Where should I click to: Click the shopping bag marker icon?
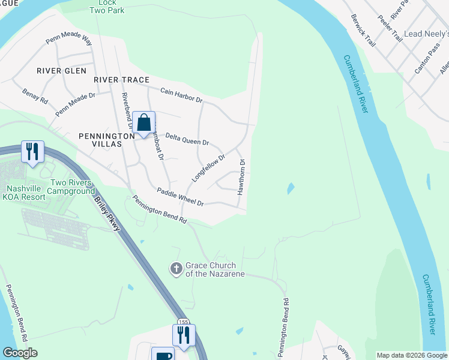point(144,123)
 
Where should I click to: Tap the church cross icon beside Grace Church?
point(176,268)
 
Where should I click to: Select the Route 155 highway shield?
point(184,322)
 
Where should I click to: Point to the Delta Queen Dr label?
point(187,139)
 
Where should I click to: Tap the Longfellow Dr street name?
point(208,169)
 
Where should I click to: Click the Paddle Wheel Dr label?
point(180,197)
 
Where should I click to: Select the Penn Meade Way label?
point(70,41)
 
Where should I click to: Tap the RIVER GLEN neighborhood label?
point(62,71)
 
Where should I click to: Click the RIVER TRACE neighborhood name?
point(121,79)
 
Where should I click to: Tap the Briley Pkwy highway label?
point(107,211)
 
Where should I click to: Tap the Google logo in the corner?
point(20,353)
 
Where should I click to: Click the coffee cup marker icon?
point(162,355)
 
